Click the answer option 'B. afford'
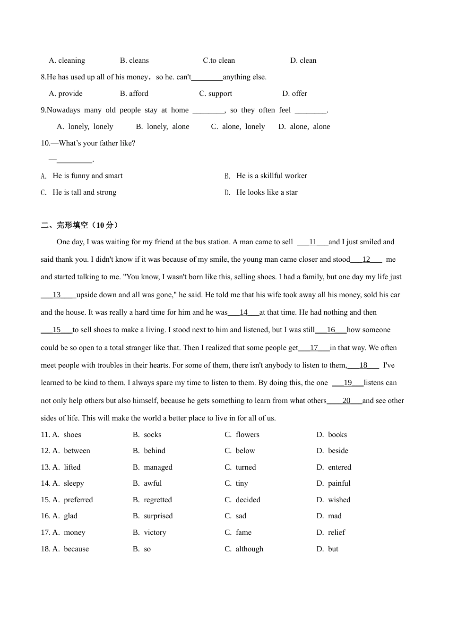tap(134, 94)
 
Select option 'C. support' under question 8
tap(216, 94)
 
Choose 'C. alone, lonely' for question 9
tap(238, 127)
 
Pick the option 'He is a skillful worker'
tap(271, 176)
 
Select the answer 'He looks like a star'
tap(267, 192)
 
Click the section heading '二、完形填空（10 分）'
tap(79, 225)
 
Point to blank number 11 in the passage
tap(312, 242)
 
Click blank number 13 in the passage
tap(57, 295)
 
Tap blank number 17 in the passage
tap(314, 348)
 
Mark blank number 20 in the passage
tap(346, 401)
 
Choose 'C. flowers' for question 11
tap(242, 435)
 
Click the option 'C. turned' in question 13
tap(240, 467)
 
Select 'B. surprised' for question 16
tap(153, 516)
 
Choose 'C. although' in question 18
tap(244, 549)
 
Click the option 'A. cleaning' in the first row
tap(67, 60)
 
